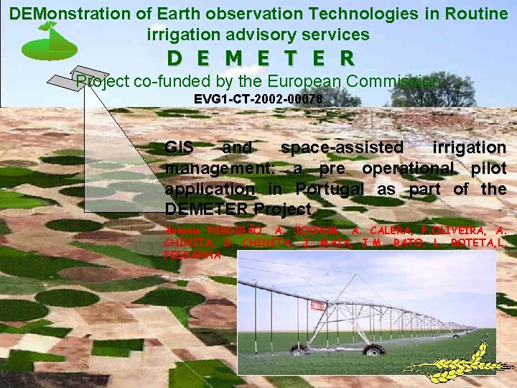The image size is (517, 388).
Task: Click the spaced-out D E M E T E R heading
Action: pyautogui.click(x=261, y=57)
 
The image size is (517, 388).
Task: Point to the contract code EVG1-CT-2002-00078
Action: pyautogui.click(x=258, y=99)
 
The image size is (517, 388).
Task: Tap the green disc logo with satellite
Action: pyautogui.click(x=49, y=42)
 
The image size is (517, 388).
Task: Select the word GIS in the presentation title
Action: pyautogui.click(x=179, y=147)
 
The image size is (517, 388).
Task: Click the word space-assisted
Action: pyautogui.click(x=342, y=147)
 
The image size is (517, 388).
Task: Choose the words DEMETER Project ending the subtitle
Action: pyautogui.click(x=238, y=209)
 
